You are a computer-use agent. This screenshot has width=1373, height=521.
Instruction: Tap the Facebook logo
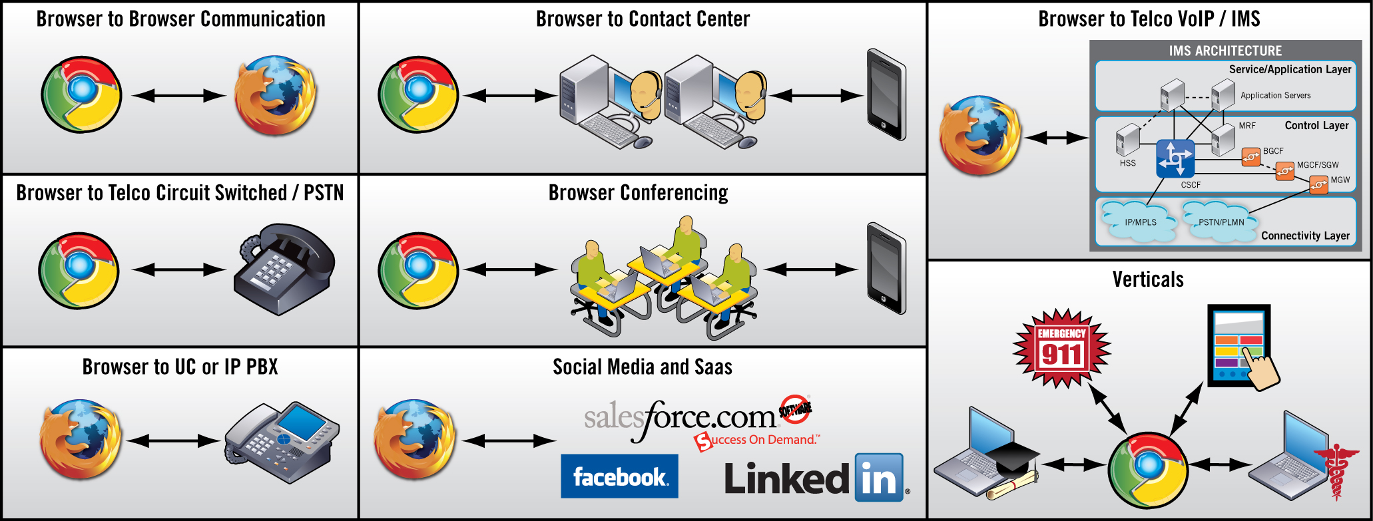(619, 476)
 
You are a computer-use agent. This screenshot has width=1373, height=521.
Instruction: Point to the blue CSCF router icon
(1175, 159)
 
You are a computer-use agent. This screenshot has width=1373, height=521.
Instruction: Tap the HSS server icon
(1127, 141)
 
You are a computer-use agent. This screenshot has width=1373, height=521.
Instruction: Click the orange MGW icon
(1318, 185)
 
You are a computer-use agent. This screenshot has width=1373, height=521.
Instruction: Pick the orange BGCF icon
(1251, 157)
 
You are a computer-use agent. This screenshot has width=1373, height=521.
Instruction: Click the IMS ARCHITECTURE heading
(1225, 51)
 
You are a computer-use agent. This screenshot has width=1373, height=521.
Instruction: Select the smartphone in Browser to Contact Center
(886, 94)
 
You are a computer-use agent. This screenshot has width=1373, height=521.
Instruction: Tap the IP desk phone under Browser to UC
(282, 441)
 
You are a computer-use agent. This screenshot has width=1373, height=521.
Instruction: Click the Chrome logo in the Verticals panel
(1148, 470)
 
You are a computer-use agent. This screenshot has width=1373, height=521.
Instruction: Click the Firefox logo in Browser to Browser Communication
(275, 95)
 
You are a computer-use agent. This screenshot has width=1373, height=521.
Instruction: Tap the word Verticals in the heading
(1148, 279)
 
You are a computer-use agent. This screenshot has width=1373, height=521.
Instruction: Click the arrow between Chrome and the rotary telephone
(179, 269)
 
